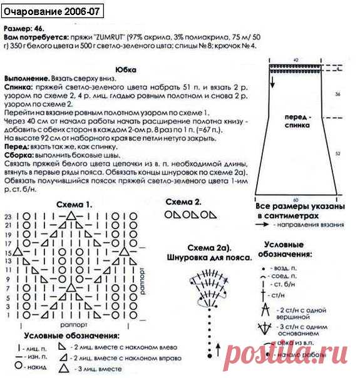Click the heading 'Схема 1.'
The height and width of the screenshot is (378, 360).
[x=74, y=205]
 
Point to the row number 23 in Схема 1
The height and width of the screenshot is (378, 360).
[x=9, y=216]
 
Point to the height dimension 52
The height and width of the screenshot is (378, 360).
[x=337, y=152]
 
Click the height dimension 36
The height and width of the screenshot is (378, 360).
[x=337, y=94]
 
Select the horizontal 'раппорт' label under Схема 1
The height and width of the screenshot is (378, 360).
[x=71, y=325]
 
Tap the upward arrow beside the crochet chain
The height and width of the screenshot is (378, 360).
[x=219, y=345]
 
